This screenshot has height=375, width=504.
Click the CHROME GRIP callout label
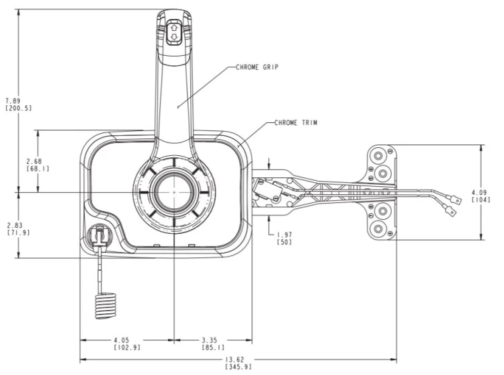pos(257,67)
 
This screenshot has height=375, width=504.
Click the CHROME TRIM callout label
pos(296,123)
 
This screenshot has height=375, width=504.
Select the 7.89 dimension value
pos(13,101)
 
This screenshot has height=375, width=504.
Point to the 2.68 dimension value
pos(34,161)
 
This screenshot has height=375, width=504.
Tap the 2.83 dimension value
pos(15,226)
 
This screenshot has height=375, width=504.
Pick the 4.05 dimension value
pos(122,340)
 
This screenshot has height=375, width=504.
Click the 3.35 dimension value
pos(210,340)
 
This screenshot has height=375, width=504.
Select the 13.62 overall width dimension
pos(235,360)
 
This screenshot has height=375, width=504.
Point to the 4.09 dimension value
pos(479,192)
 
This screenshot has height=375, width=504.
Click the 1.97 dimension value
pos(284,235)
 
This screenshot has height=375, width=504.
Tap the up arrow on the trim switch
pos(174,28)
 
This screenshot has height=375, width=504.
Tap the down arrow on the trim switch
pos(174,36)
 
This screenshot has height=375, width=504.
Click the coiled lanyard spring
pos(105,305)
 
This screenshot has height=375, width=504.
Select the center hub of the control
pos(174,192)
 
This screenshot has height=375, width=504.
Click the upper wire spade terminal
pos(455,200)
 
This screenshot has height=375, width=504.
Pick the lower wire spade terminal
pos(450,211)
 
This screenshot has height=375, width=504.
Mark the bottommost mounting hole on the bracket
pos(378,229)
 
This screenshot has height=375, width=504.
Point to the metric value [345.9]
pos(238,367)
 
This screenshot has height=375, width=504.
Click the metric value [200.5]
pos(19,108)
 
